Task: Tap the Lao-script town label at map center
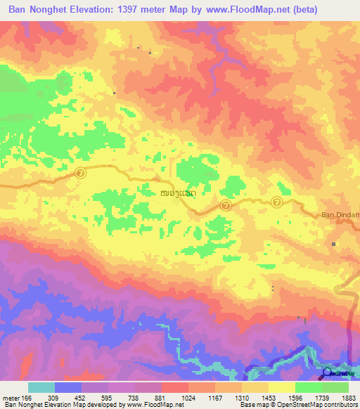(174, 192)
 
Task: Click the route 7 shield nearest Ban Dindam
(277, 202)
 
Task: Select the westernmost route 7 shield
(80, 172)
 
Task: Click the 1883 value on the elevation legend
(348, 398)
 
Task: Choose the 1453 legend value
(269, 398)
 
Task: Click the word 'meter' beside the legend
(11, 398)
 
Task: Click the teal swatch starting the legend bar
(41, 387)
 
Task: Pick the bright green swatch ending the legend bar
(335, 387)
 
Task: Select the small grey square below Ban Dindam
(334, 244)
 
